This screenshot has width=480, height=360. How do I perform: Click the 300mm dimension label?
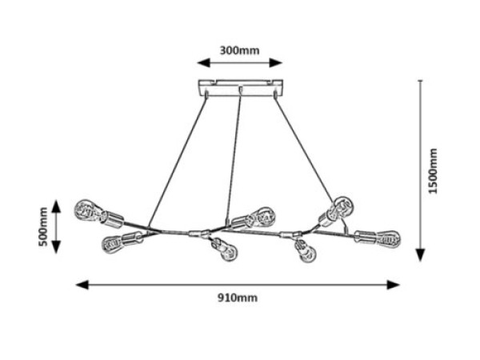(239, 50)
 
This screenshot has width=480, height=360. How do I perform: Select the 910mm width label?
(238, 298)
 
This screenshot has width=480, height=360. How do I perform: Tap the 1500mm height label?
(433, 171)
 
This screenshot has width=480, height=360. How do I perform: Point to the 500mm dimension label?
(43, 226)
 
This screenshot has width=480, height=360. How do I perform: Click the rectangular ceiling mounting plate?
(240, 88)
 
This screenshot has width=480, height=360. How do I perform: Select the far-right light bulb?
(389, 238)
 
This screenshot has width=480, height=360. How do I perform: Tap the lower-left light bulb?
(113, 243)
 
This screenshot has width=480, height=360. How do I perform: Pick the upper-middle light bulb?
(263, 216)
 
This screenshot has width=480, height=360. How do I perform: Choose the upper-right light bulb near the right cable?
(342, 204)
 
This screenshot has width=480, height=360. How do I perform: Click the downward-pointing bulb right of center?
(306, 253)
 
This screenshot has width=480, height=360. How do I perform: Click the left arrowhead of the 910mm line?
(82, 285)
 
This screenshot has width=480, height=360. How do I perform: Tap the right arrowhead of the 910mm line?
(394, 285)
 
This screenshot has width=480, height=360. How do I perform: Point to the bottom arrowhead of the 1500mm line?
(421, 255)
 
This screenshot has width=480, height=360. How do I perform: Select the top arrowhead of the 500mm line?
(56, 206)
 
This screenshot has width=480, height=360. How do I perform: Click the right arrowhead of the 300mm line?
(275, 62)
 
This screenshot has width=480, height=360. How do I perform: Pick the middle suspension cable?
(234, 156)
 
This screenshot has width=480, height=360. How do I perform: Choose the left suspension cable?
(178, 162)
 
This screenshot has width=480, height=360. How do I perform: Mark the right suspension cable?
(304, 147)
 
